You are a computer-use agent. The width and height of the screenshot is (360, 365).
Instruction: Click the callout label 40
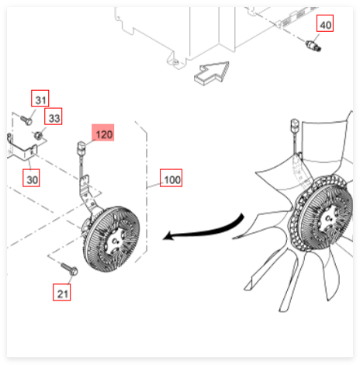[325, 23]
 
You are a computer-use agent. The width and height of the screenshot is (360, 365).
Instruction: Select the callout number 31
[40, 99]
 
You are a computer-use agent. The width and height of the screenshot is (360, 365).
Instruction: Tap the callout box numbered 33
[54, 116]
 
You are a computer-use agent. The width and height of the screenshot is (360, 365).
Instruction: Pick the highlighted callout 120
[103, 133]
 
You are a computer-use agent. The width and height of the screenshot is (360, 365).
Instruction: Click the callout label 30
[31, 178]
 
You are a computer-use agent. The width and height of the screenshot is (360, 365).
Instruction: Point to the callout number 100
[171, 178]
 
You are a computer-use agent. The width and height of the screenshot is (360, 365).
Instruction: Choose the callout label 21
[62, 292]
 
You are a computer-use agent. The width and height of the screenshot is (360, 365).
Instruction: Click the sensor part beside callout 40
[313, 46]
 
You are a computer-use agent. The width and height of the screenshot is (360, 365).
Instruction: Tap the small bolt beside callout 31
[26, 120]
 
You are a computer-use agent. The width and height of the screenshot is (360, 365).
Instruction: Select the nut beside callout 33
[38, 135]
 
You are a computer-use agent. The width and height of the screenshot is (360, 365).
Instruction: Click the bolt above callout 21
[69, 269]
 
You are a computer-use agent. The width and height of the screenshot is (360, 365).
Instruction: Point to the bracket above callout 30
[22, 149]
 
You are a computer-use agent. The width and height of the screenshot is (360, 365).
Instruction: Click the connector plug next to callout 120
[81, 148]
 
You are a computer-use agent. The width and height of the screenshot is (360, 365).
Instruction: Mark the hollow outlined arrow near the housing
[212, 73]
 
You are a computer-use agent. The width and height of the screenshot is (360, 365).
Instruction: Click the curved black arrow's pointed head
[168, 236]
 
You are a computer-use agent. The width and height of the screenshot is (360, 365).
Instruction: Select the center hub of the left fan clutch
[115, 242]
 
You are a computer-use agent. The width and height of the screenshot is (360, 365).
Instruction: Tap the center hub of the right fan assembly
[328, 219]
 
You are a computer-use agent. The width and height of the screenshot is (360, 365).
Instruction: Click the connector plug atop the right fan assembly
[295, 125]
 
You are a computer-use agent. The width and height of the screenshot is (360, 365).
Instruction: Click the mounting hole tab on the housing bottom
[176, 62]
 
